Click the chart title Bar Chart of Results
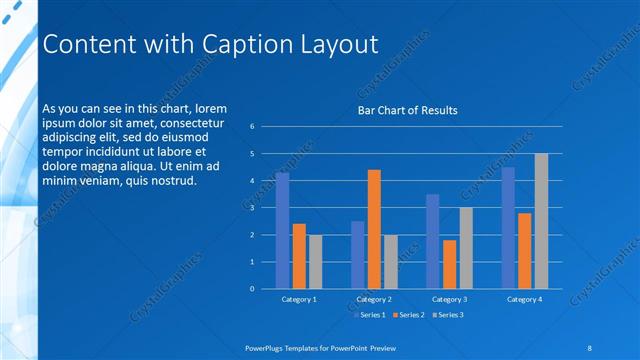click(408, 111)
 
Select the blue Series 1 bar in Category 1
click(282, 230)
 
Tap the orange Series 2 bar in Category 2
click(374, 229)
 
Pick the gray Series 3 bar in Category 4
click(541, 221)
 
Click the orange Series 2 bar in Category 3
click(449, 264)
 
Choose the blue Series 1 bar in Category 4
click(508, 227)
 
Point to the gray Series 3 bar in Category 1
click(315, 261)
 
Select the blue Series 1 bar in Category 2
click(357, 254)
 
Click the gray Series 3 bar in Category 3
click(466, 248)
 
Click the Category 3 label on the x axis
click(449, 299)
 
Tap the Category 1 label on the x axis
click(299, 299)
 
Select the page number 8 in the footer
click(590, 347)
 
